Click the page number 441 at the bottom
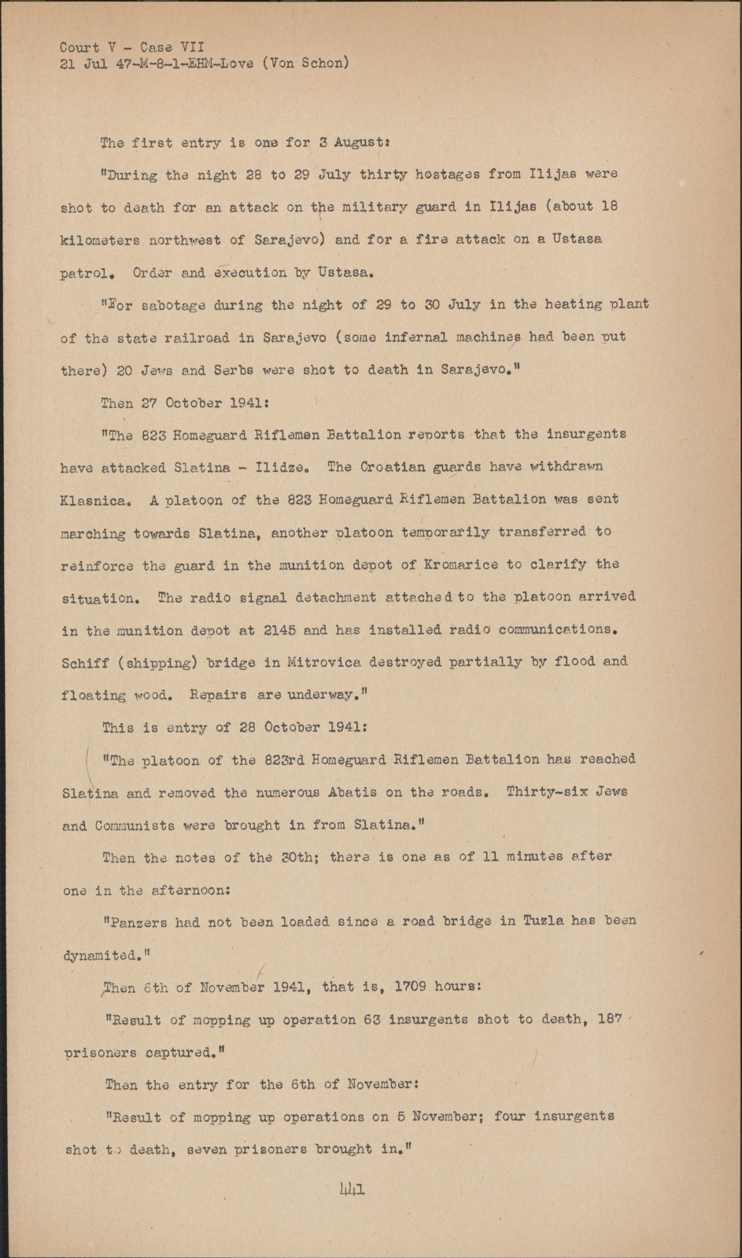click(x=352, y=1190)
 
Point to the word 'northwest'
click(x=185, y=241)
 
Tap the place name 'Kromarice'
click(x=460, y=565)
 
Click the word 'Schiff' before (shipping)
click(x=85, y=663)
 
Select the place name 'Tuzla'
click(x=544, y=921)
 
